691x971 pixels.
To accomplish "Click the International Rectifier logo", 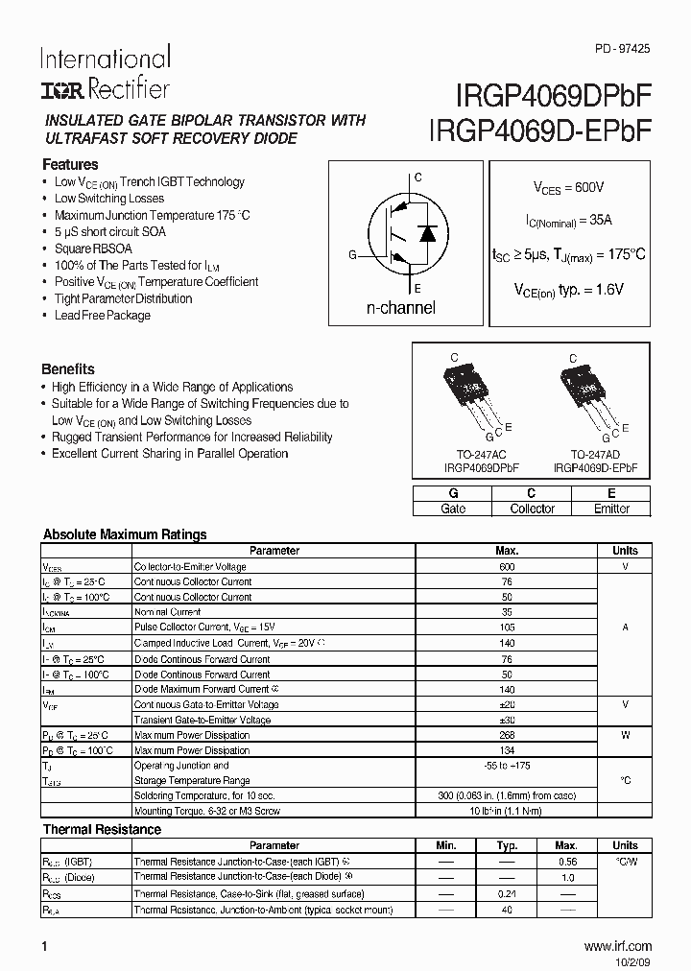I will [x=105, y=73].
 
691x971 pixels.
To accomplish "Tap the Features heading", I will [x=70, y=164].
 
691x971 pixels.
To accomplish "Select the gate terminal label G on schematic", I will [x=352, y=255].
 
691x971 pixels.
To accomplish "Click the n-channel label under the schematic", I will [x=401, y=308].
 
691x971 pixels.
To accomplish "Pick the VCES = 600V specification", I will [x=569, y=188].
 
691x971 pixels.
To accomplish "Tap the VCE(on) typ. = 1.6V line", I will [x=569, y=289].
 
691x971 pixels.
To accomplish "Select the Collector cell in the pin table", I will [x=532, y=509].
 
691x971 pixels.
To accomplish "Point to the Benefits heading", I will [x=68, y=368].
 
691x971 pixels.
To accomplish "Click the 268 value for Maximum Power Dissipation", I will [x=507, y=735].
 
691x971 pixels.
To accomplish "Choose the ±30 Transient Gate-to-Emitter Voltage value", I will [x=507, y=720].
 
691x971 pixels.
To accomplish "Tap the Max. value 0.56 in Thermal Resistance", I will [x=566, y=862].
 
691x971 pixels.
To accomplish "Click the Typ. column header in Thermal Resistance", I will [x=507, y=845].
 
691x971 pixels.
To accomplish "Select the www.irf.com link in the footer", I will [x=617, y=946].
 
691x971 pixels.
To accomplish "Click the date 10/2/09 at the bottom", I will [x=632, y=960].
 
